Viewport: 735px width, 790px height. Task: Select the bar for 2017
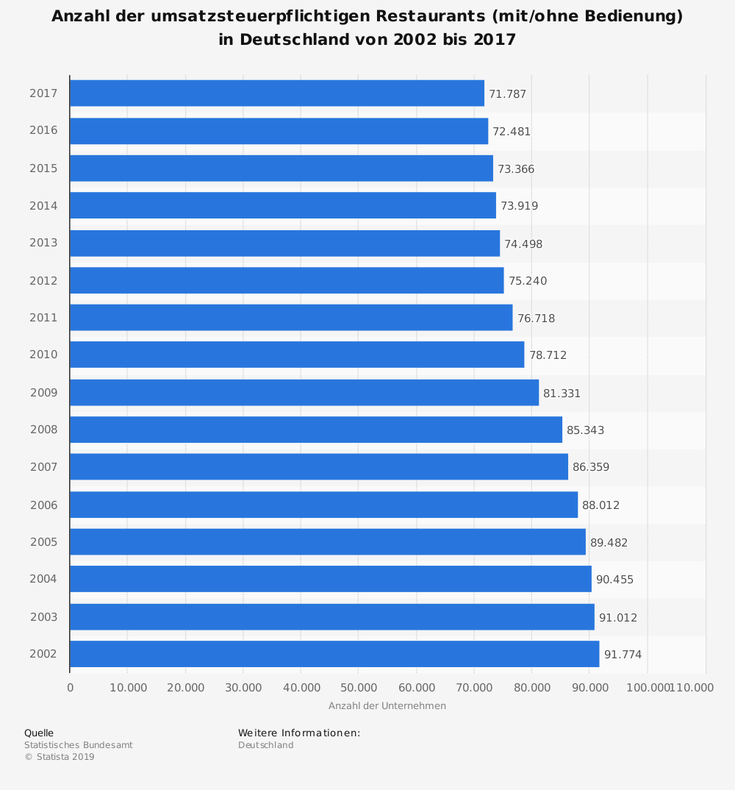pos(277,93)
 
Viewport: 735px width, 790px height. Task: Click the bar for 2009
pos(304,393)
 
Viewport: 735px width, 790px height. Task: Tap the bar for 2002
pos(334,654)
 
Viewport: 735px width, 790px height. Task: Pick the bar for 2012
pos(287,280)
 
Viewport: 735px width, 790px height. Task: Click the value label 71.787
pos(507,94)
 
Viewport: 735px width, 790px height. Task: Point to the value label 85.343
pos(585,430)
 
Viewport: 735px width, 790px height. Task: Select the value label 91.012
pos(618,617)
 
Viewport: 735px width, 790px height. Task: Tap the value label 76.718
pos(536,319)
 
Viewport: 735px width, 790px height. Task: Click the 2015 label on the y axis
pos(43,168)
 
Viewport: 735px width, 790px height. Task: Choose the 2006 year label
pos(43,505)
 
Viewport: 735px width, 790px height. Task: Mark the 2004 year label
pos(43,580)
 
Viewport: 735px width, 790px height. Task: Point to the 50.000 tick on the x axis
pos(358,688)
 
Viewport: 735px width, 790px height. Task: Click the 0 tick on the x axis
pos(71,688)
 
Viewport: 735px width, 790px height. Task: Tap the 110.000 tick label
pos(693,688)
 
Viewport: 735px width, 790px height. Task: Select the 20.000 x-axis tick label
pos(185,688)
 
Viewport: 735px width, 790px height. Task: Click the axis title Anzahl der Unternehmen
pos(387,706)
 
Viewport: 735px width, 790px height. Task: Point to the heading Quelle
pos(39,733)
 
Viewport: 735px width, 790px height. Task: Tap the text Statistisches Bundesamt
pos(79,745)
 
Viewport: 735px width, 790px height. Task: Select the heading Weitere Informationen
pos(299,733)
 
